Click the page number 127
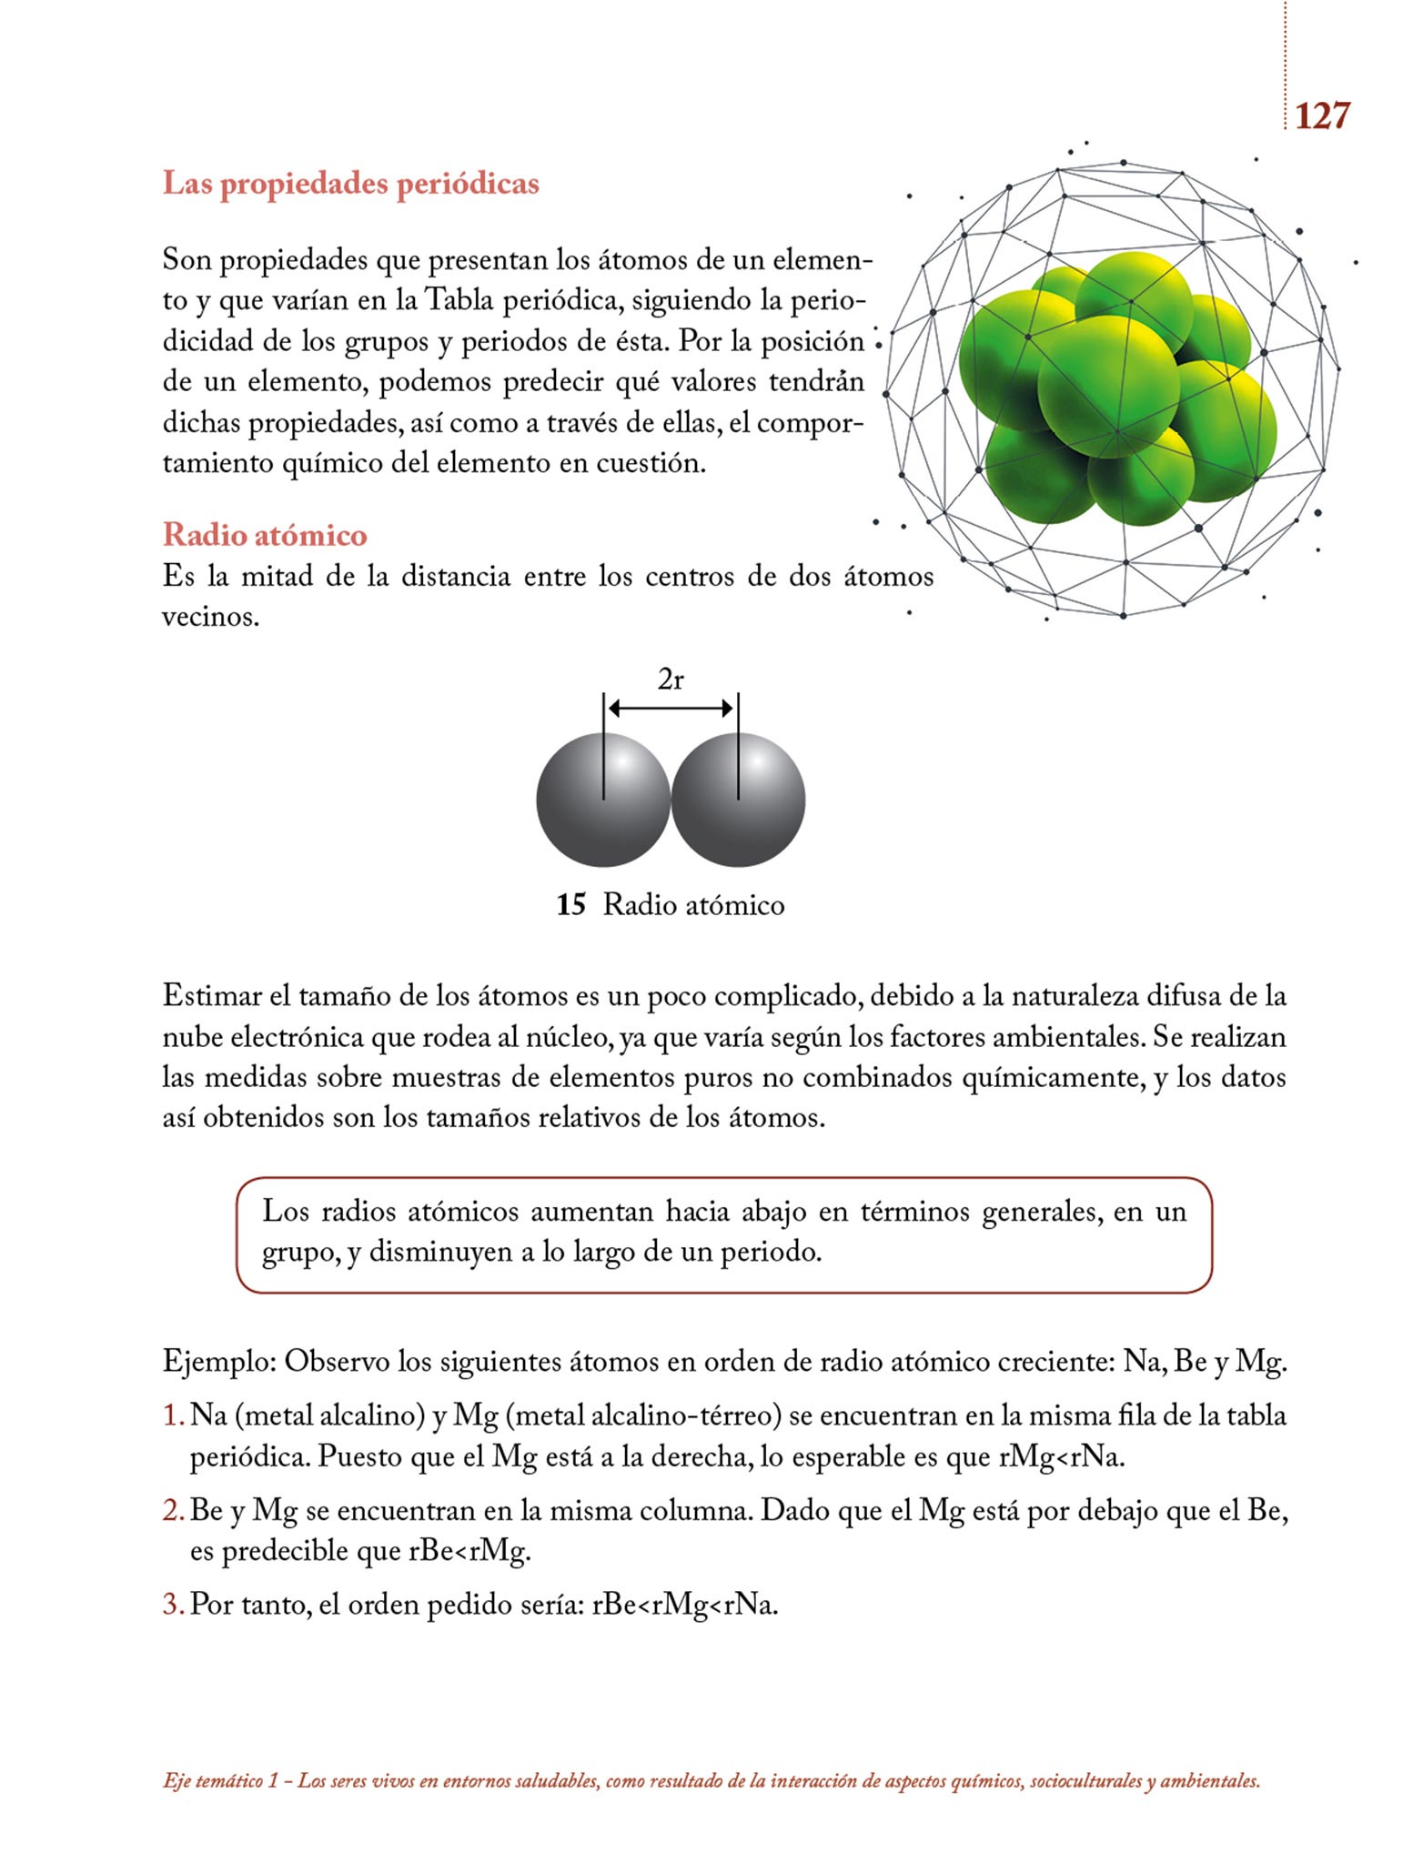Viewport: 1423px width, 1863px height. (1321, 116)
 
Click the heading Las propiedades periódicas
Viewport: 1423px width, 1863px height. (350, 184)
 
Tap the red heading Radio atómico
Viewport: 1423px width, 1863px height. (265, 535)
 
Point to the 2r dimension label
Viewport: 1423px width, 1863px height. (671, 680)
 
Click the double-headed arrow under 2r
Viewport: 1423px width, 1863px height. (671, 708)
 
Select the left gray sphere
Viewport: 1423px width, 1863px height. (602, 801)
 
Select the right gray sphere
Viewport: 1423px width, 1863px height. (739, 801)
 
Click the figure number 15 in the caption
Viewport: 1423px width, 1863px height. (570, 905)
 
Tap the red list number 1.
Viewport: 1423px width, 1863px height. (173, 1416)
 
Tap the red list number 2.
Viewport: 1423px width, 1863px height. (173, 1511)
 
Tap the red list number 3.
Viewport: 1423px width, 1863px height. (173, 1604)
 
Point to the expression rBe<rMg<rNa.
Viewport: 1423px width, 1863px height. (684, 1604)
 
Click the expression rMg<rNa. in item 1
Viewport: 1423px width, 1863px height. (1062, 1457)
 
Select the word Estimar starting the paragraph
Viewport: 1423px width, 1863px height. (212, 996)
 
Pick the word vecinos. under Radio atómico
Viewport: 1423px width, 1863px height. (210, 617)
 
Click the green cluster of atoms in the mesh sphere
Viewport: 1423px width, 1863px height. (1115, 391)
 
